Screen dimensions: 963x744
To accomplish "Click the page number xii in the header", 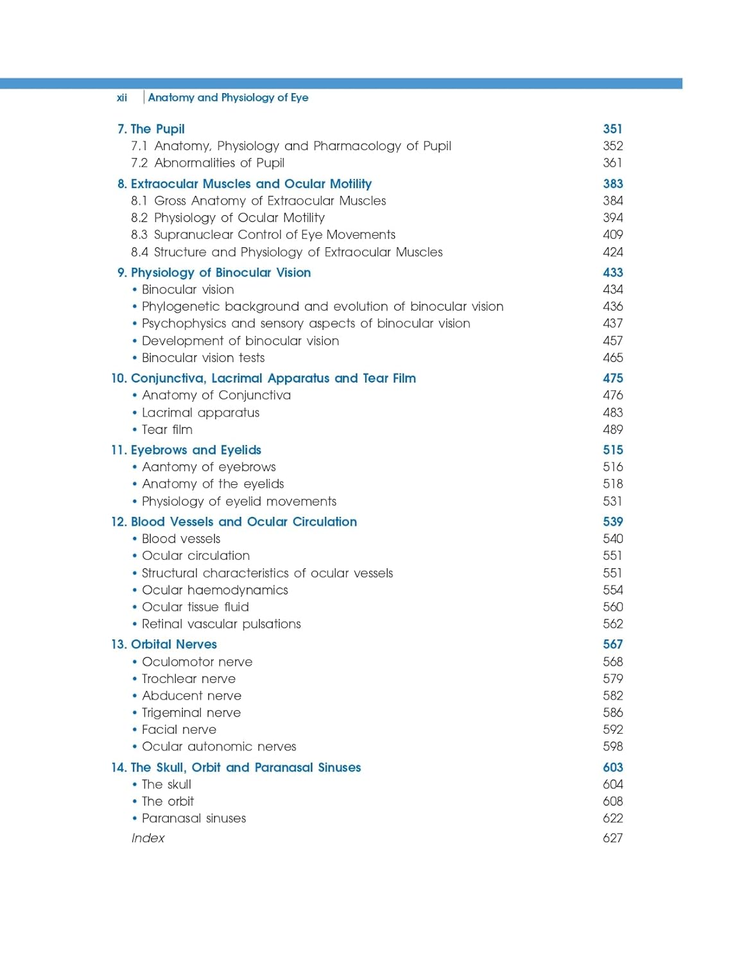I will (x=121, y=98).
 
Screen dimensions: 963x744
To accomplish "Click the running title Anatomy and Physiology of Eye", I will (x=228, y=98).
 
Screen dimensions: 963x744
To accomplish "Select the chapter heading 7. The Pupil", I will (x=151, y=129).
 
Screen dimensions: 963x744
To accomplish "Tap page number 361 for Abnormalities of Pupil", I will (x=612, y=163).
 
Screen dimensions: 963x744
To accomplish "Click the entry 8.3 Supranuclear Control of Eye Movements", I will (x=263, y=235).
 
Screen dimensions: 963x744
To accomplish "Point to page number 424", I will (x=612, y=252).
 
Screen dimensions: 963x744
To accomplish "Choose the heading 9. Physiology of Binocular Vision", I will (x=214, y=273).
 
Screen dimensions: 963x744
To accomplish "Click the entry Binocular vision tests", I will (x=203, y=358).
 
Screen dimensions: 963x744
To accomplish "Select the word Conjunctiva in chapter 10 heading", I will (x=168, y=379).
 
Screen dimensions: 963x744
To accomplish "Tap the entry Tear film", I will (x=167, y=430).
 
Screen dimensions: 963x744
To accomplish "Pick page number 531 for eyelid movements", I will (x=612, y=501).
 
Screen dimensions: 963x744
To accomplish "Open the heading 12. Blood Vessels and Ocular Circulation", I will (x=234, y=522).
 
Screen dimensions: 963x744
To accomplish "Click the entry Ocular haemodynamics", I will (x=214, y=591).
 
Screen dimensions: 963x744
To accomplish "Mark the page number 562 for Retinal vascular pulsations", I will (x=612, y=624).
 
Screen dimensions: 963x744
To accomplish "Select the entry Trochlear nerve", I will (x=188, y=679).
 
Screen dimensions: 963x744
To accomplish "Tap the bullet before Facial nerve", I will (x=135, y=730).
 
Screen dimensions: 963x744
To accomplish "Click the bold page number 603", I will (x=612, y=768).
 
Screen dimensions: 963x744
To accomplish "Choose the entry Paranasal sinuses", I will (x=194, y=819).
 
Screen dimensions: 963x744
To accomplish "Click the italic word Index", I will (x=148, y=838).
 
